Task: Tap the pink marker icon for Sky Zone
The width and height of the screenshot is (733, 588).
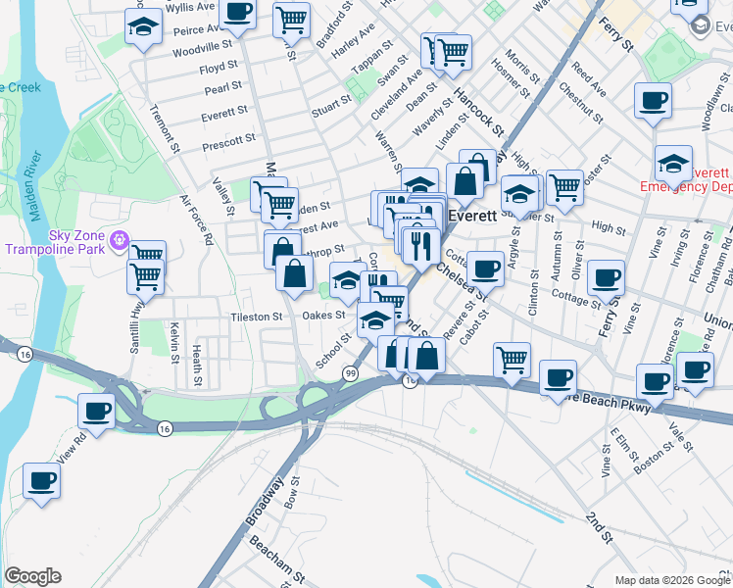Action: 121,238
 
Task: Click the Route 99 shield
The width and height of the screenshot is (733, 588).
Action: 350,373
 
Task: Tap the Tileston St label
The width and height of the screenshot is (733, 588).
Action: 256,317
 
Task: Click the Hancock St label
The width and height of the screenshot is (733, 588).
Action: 478,112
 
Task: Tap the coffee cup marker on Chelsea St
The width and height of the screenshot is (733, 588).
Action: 483,269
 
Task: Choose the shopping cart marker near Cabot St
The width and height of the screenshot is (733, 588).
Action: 512,361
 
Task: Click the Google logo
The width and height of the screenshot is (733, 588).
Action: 32,576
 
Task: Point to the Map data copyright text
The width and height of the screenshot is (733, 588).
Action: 672,580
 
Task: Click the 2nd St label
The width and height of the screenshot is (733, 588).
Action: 598,527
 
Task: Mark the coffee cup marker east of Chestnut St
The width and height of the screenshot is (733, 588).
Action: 652,101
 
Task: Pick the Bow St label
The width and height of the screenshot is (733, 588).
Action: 290,492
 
